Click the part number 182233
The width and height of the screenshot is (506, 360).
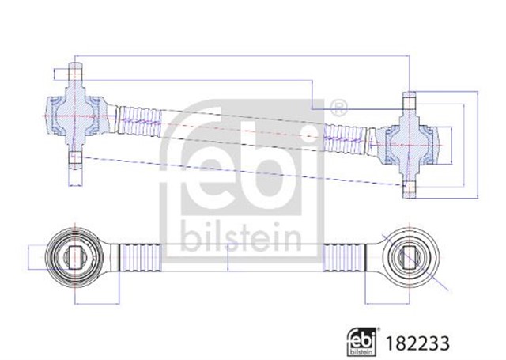[420, 342]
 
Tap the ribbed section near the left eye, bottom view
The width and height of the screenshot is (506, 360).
[141, 256]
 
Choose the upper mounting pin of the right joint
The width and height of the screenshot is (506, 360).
[409, 102]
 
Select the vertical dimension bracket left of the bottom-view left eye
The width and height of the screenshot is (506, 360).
[29, 256]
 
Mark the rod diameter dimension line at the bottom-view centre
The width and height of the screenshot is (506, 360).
[228, 256]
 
